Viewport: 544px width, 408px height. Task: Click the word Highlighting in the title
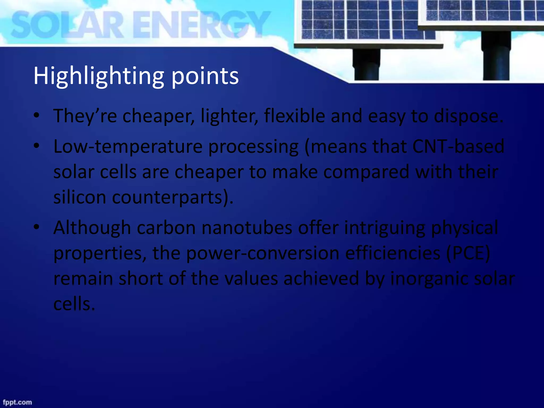pyautogui.click(x=98, y=76)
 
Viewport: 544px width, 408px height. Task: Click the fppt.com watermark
pyautogui.click(x=18, y=402)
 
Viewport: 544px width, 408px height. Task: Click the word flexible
pyautogui.click(x=294, y=116)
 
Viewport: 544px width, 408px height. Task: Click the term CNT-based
pyautogui.click(x=458, y=146)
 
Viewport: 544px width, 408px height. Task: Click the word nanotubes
pyautogui.click(x=247, y=228)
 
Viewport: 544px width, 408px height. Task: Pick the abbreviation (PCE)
pyautogui.click(x=468, y=253)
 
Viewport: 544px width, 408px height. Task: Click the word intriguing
pyautogui.click(x=385, y=228)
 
